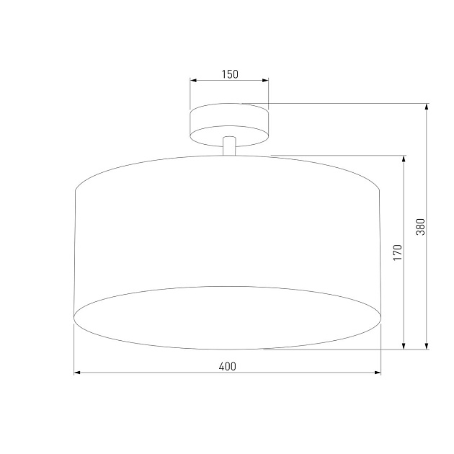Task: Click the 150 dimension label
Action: pos(229,74)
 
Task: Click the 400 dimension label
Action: pos(227,366)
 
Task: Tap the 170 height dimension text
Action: pos(397,252)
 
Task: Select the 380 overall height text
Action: pos(421,227)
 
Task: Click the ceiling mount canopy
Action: pos(229,122)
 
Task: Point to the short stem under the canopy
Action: pos(229,146)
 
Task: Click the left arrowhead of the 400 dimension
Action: pos(79,373)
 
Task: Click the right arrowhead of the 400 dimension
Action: pos(378,373)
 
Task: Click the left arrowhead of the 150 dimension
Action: pos(193,81)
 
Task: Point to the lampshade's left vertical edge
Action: pos(76,252)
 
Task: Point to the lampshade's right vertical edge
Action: pos(380,252)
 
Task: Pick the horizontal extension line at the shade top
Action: pos(339,155)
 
